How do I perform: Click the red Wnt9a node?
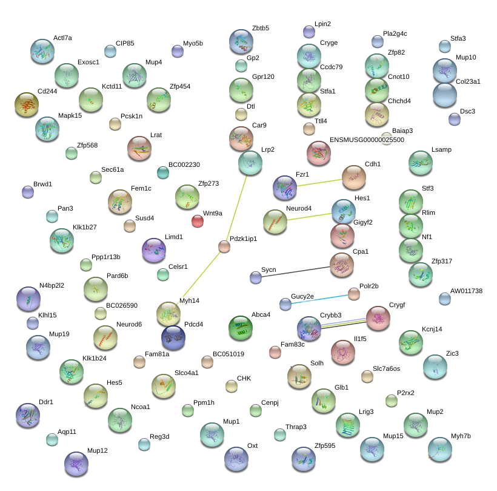(198, 221)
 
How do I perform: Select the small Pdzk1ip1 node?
(224, 246)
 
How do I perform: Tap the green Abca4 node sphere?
(241, 328)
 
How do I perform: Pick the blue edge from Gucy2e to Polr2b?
(319, 298)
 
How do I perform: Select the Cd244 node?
(26, 105)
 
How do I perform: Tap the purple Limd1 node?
(153, 250)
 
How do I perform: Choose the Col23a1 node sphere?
(445, 95)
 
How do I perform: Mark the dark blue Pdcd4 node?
(173, 337)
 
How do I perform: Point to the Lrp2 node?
(250, 162)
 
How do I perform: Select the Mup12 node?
(76, 464)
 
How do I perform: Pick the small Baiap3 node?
(386, 138)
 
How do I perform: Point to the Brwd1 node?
(27, 192)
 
